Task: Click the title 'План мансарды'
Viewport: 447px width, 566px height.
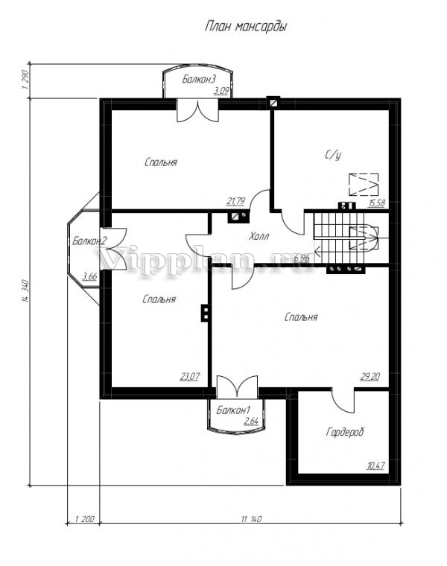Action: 246,27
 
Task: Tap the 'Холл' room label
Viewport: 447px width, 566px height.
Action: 259,237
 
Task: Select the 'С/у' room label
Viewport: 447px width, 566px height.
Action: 333,155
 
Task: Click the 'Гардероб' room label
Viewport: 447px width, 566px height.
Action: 345,432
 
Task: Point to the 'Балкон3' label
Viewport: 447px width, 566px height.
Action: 199,79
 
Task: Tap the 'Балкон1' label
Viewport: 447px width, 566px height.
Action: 234,410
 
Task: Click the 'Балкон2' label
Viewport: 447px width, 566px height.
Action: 89,241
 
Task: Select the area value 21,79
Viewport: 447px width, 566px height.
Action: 235,201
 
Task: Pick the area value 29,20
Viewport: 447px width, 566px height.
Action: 370,377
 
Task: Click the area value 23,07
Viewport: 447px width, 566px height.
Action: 189,377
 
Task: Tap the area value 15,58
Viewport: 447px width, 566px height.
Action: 376,203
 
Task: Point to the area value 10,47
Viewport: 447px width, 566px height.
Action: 375,465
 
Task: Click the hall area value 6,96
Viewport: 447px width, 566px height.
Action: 302,258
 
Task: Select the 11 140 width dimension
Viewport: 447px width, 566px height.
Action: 251,519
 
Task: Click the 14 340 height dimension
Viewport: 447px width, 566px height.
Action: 25,290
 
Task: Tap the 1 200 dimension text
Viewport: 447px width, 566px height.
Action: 84,519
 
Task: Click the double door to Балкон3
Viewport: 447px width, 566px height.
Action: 198,111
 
